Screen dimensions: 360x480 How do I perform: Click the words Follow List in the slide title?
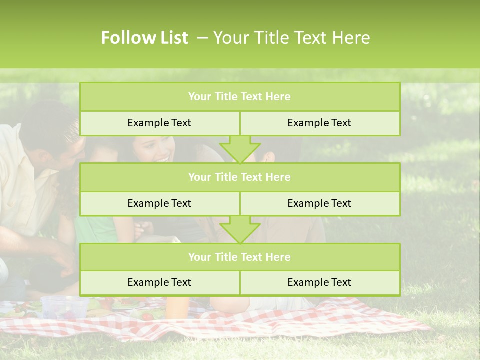[145, 38]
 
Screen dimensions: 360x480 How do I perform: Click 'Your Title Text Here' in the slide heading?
[291, 38]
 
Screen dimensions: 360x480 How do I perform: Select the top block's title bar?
[240, 97]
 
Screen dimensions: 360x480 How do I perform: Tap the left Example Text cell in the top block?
[159, 123]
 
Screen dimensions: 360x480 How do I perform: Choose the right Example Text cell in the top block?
[319, 123]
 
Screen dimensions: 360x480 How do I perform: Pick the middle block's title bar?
[240, 177]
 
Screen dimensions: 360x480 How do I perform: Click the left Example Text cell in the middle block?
[159, 203]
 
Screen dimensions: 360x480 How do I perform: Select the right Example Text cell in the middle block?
[319, 203]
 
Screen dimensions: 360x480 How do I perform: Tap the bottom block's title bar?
[240, 257]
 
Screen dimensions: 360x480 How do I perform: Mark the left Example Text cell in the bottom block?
[159, 282]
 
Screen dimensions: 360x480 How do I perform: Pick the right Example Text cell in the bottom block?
[319, 282]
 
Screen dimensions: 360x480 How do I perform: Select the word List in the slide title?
[172, 38]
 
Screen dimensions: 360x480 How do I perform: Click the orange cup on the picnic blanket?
[177, 307]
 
